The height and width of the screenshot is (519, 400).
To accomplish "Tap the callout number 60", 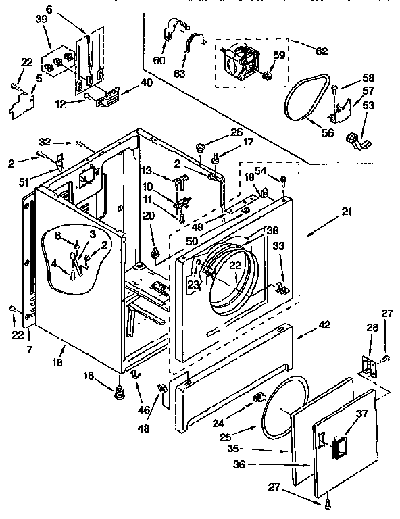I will pos(159,60).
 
